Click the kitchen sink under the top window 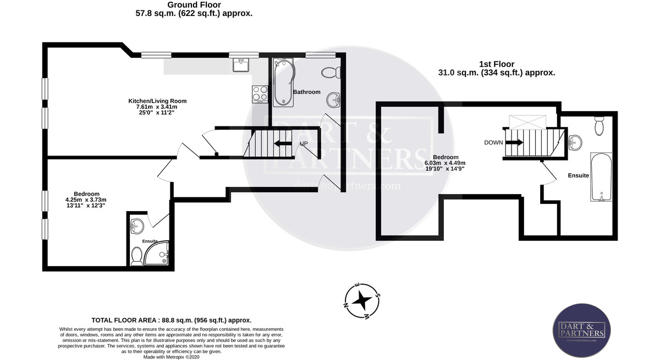click(x=241, y=65)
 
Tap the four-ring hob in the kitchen click(x=260, y=95)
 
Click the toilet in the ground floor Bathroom click(x=331, y=73)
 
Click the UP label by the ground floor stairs click(x=303, y=144)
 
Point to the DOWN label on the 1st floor click(x=493, y=142)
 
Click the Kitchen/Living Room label click(x=157, y=101)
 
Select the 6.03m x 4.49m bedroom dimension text click(x=445, y=163)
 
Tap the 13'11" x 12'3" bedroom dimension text click(x=85, y=206)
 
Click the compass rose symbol click(x=362, y=300)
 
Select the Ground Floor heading click(x=194, y=5)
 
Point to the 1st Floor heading click(x=496, y=64)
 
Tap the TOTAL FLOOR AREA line click(x=171, y=320)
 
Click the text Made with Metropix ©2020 click(x=171, y=357)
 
